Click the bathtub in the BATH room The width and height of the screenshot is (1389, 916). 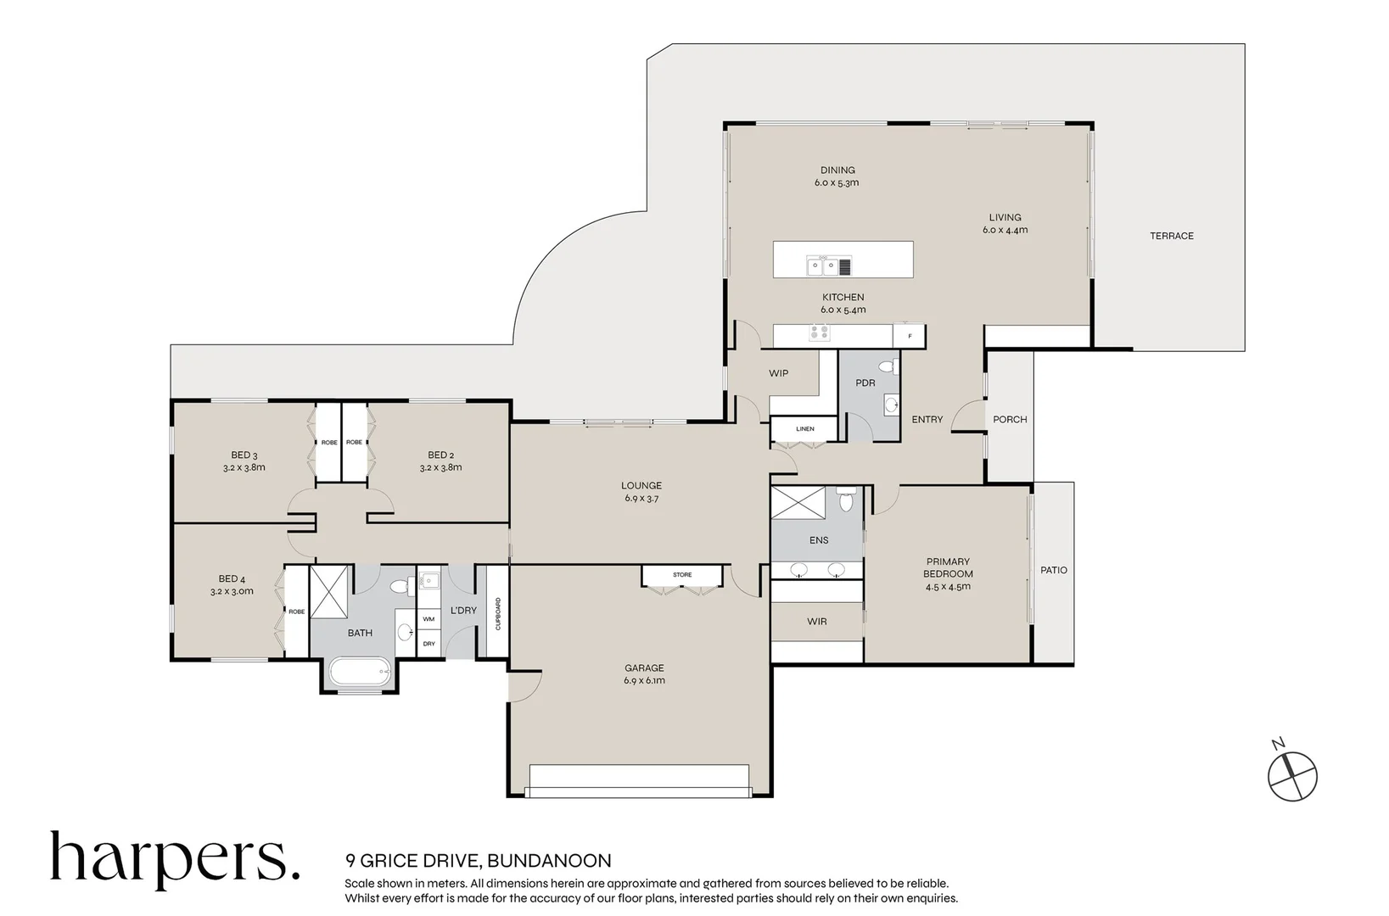click(360, 672)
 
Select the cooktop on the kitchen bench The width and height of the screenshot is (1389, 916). click(819, 333)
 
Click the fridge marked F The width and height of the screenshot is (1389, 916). click(909, 336)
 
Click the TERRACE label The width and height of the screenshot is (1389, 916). click(1171, 236)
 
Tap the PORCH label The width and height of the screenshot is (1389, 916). click(1010, 420)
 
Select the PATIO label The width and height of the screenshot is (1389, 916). click(1054, 570)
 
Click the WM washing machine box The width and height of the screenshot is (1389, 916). click(428, 618)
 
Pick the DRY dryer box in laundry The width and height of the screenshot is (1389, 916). click(428, 643)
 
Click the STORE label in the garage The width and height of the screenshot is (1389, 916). click(682, 574)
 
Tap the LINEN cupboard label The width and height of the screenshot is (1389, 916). click(805, 429)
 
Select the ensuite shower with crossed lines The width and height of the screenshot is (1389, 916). click(798, 503)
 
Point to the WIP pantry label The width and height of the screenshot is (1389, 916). click(778, 373)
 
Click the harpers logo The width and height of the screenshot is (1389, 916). click(175, 860)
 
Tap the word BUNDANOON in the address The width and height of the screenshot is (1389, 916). click(549, 861)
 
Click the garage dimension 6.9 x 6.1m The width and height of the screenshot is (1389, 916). click(644, 680)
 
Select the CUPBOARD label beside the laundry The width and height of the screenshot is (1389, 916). click(498, 613)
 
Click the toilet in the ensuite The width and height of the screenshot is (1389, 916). click(846, 499)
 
